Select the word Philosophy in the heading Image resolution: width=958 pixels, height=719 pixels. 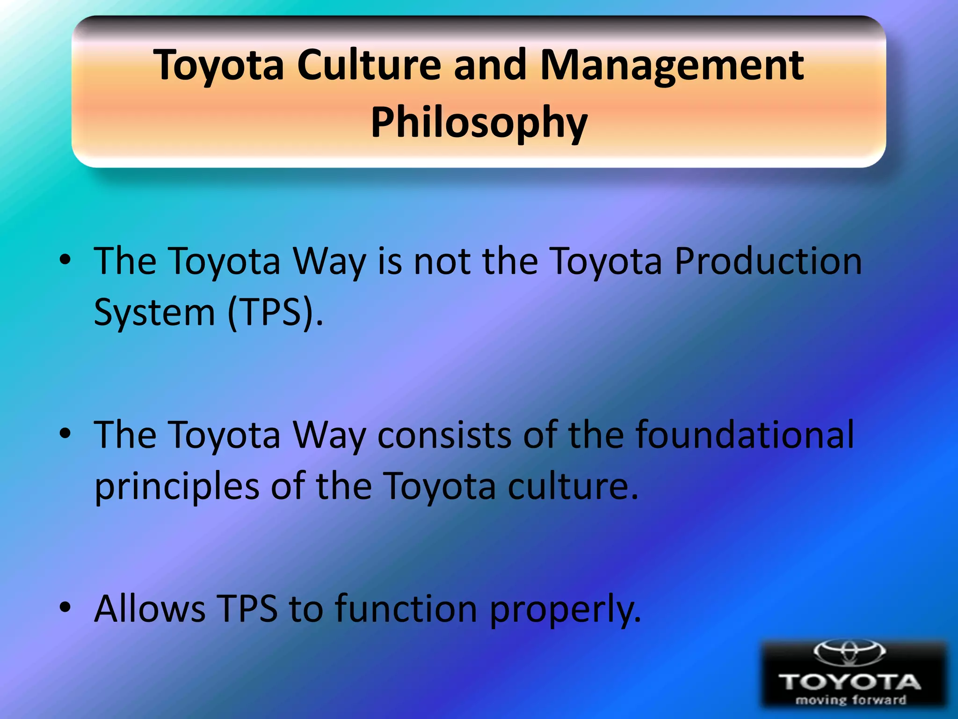point(479,123)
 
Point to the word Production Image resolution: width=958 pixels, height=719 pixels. point(768,261)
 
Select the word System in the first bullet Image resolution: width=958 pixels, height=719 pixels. point(154,313)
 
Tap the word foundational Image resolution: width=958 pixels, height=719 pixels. point(745,435)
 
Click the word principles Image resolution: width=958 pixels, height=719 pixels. point(177,487)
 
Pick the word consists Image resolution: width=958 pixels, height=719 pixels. point(444,435)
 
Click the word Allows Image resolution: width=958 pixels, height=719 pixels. point(150,609)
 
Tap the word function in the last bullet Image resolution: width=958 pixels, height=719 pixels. point(406,609)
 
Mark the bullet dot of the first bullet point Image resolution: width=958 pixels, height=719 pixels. point(65,259)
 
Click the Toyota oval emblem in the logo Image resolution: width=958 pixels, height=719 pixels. point(849,652)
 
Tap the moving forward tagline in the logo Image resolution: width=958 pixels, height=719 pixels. point(851,700)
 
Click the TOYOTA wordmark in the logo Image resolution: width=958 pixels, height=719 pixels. point(849,682)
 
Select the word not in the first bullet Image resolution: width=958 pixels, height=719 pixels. point(443,261)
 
